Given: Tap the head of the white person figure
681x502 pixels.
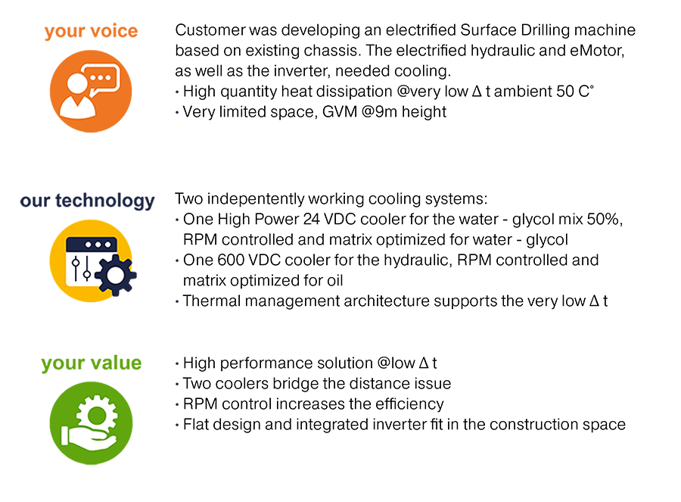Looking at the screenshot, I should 76,83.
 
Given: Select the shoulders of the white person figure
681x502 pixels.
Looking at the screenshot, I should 78,107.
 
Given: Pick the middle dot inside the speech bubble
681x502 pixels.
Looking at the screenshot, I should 102,76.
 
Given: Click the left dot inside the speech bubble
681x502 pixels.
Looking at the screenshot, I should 94,76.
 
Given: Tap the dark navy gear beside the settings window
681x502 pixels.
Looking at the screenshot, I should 114,276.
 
